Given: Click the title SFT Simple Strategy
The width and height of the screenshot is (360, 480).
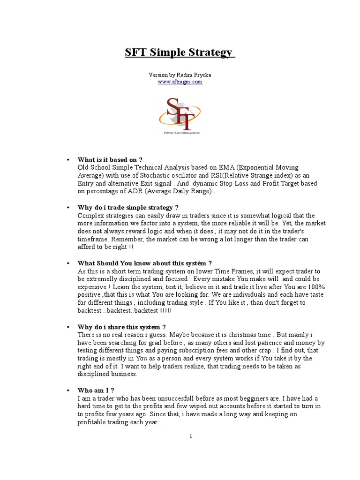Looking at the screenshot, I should (x=180, y=52).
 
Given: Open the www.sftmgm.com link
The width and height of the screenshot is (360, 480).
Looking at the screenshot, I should (x=180, y=82).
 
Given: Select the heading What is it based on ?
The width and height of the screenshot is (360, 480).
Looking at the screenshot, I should (x=110, y=160).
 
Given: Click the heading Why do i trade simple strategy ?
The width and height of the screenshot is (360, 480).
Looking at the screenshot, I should (x=128, y=207).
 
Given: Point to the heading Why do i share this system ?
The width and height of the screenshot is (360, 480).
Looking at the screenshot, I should (x=121, y=327).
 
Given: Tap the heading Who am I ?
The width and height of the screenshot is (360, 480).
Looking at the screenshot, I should (x=96, y=390).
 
